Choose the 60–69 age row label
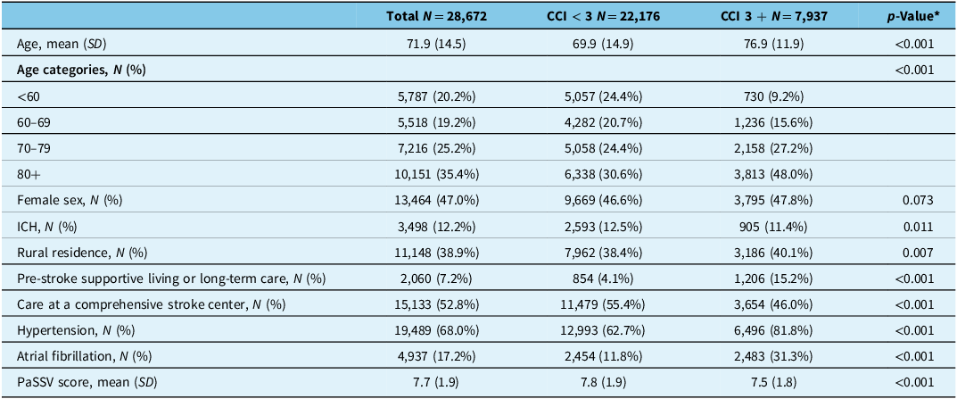[34, 122]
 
